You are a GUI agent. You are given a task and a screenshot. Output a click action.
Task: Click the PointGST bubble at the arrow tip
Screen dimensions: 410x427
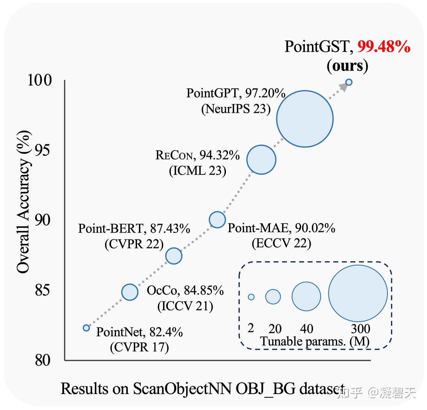click(x=349, y=82)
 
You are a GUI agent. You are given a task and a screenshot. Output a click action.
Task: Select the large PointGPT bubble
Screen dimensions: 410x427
click(x=305, y=119)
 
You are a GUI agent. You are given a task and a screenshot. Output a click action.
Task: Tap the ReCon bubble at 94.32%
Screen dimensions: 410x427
click(x=261, y=160)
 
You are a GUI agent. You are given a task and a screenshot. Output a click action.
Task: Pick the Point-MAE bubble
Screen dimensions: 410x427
click(x=217, y=220)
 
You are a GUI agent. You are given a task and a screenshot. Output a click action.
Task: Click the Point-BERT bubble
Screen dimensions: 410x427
click(x=174, y=256)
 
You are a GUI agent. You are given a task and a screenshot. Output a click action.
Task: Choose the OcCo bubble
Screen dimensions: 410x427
click(x=130, y=292)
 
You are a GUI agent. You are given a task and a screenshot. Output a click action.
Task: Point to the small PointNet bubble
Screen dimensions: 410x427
click(x=86, y=328)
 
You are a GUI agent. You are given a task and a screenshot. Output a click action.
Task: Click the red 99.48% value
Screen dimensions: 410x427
click(x=384, y=47)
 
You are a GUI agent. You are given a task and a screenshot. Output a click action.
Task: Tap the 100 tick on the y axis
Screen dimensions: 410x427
click(x=40, y=80)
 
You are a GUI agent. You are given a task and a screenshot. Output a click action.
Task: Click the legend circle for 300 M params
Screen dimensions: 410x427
click(x=358, y=293)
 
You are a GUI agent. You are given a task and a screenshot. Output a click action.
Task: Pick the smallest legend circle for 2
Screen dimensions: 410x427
click(x=251, y=297)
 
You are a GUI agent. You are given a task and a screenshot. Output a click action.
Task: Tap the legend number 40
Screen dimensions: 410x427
click(x=307, y=329)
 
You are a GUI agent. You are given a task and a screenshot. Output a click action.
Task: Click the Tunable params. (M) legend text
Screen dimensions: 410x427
click(x=315, y=341)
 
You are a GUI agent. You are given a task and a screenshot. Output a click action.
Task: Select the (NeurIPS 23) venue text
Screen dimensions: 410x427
click(x=236, y=109)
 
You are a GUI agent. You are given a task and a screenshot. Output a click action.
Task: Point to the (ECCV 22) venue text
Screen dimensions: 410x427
click(x=281, y=243)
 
